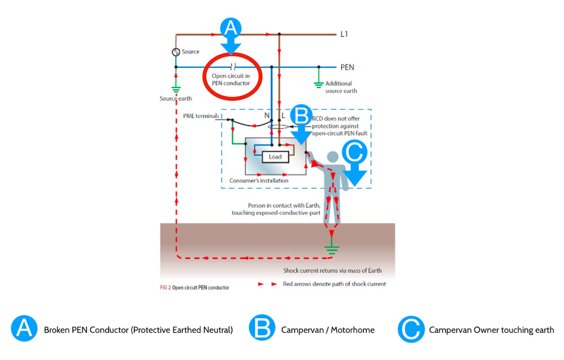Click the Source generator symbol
pos(175,52)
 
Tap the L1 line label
pos(345,34)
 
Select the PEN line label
pos(347,67)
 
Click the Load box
pos(275,156)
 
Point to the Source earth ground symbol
pos(175,89)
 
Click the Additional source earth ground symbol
pos(319,84)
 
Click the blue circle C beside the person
pos(354,152)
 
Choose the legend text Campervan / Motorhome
pos(328,330)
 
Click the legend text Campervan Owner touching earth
pos(491,330)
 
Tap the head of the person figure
pos(333,156)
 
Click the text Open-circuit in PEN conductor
pos(231,80)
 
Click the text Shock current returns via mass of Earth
pos(334,270)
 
